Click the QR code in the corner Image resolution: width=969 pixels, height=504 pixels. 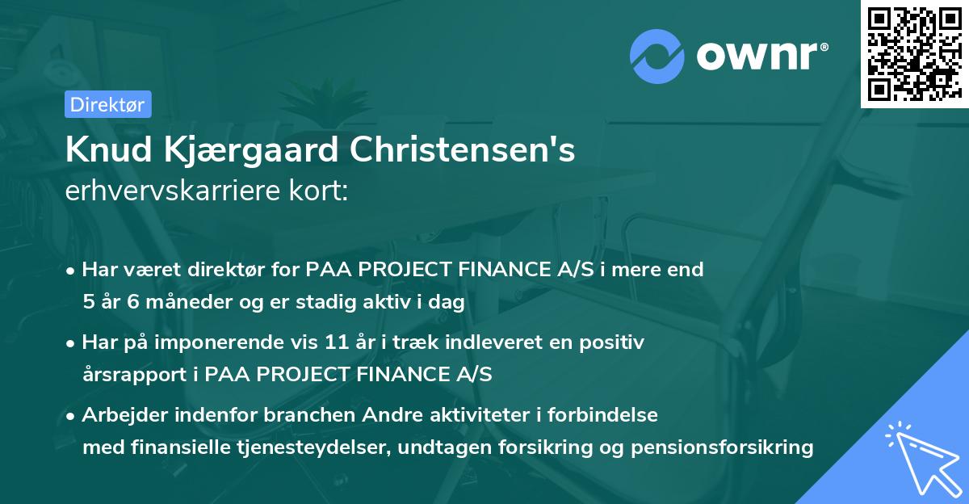[914, 53]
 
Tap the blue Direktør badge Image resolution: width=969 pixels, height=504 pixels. [107, 104]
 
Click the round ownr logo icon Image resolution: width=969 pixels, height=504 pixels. [657, 54]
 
